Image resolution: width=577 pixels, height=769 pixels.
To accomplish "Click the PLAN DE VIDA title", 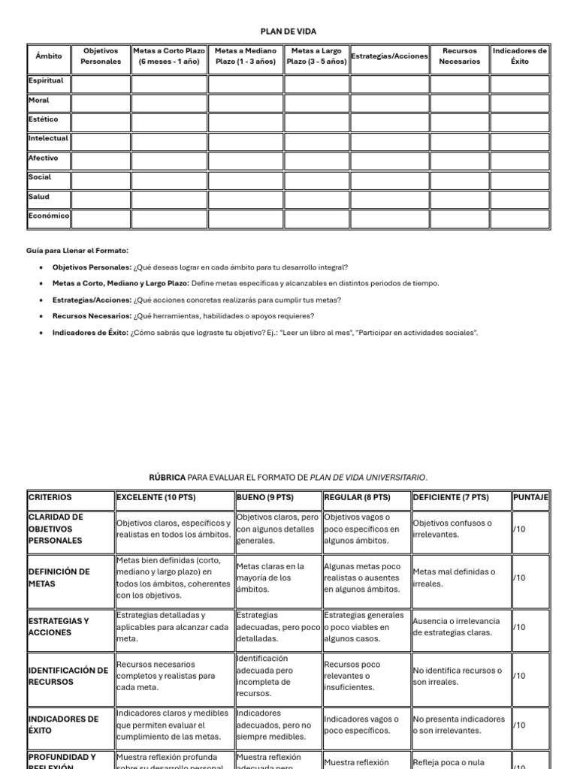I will pyautogui.click(x=288, y=32).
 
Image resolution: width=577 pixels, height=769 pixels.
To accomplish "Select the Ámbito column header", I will pyautogui.click(x=48, y=56).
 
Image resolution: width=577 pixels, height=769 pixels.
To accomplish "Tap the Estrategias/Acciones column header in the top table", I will pyautogui.click(x=389, y=56).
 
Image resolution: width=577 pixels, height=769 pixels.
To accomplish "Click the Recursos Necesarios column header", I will pyautogui.click(x=459, y=56).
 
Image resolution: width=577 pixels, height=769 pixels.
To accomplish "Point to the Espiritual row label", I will pyautogui.click(x=46, y=80).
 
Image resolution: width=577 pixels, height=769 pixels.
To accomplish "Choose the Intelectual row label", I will pyautogui.click(x=48, y=139).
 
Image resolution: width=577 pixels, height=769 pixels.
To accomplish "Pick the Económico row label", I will pyautogui.click(x=48, y=216).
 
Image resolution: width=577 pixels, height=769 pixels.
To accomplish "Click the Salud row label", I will pyautogui.click(x=39, y=197).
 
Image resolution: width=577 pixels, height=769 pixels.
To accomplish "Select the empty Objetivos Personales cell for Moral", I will pyautogui.click(x=101, y=104).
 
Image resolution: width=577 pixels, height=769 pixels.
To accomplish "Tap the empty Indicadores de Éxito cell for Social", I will pyautogui.click(x=520, y=181).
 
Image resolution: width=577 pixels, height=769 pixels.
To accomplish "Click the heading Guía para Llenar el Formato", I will pyautogui.click(x=77, y=250).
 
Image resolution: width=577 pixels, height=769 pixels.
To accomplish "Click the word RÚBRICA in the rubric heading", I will pyautogui.click(x=167, y=478).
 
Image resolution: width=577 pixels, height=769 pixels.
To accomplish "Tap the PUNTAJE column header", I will pyautogui.click(x=530, y=498).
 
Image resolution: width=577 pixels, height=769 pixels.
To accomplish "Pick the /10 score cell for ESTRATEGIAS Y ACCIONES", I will pyautogui.click(x=519, y=627).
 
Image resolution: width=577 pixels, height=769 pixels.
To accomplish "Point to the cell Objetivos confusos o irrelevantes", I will pyautogui.click(x=452, y=529).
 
